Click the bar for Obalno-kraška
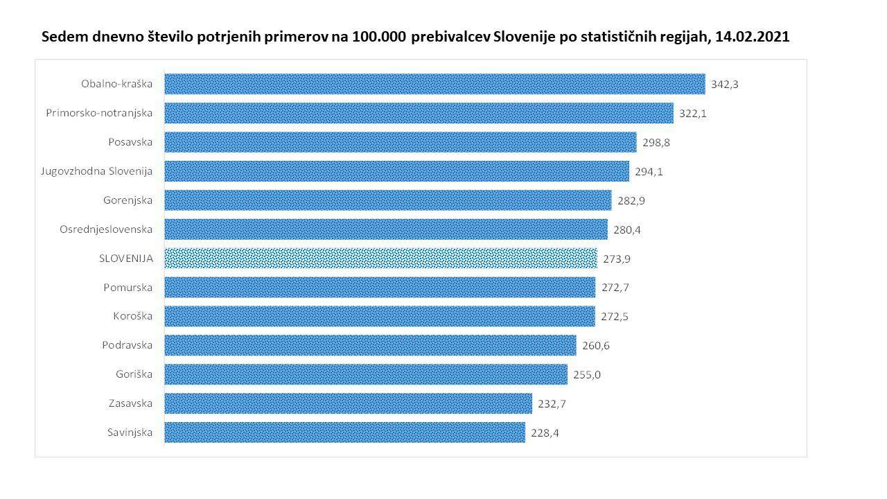tap(434, 84)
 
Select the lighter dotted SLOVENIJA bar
tap(380, 259)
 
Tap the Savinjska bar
tap(344, 432)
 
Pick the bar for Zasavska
tap(348, 403)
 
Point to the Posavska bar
tap(400, 142)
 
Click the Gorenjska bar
tap(387, 200)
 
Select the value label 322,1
tap(693, 114)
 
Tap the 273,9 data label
tap(616, 259)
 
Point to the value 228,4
tap(545, 433)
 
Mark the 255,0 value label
tap(587, 375)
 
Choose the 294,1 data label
tap(649, 172)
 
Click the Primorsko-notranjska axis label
tap(99, 113)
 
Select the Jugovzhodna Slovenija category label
tap(97, 171)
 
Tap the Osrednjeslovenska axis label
tap(106, 229)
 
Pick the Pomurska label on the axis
tap(128, 288)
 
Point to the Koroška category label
tap(133, 317)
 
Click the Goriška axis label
tap(134, 375)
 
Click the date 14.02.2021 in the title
tap(752, 37)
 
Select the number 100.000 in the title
tap(379, 37)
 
